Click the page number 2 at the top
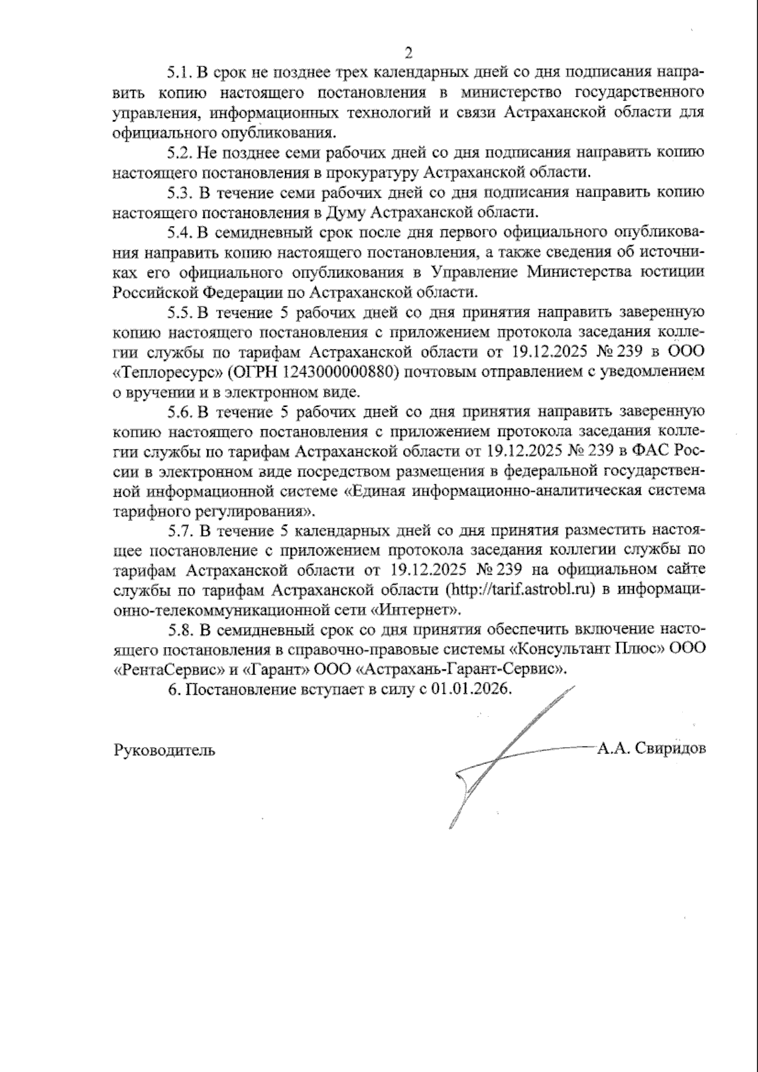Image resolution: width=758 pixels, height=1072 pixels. click(x=408, y=52)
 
